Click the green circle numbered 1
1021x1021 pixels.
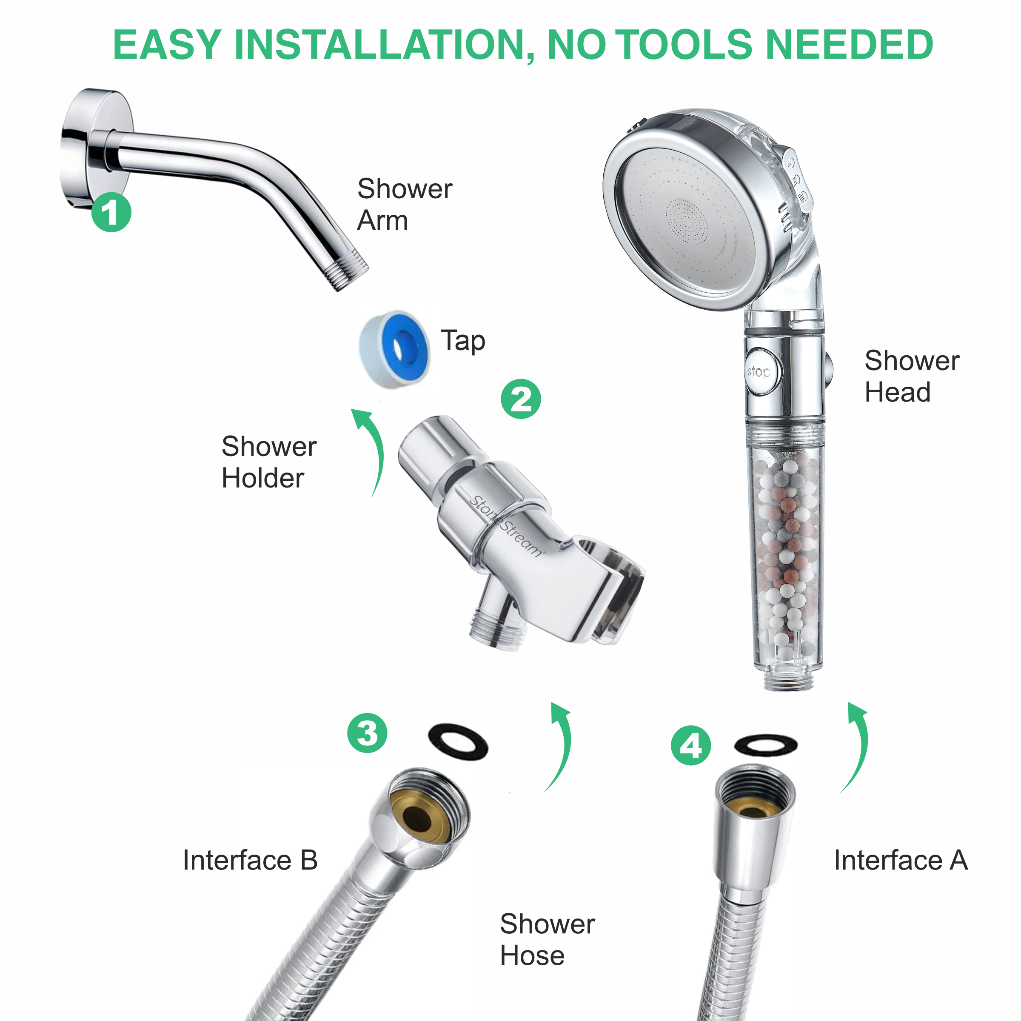111,212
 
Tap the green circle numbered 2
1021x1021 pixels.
521,399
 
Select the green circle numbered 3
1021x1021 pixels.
367,733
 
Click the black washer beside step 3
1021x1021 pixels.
458,742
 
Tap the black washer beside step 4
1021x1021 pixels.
765,745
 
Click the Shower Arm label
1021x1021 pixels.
404,204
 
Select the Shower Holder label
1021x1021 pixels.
268,462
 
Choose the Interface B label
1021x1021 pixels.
250,860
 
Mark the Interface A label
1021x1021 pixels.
901,860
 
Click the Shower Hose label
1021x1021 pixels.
547,940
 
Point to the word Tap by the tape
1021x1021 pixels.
463,341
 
